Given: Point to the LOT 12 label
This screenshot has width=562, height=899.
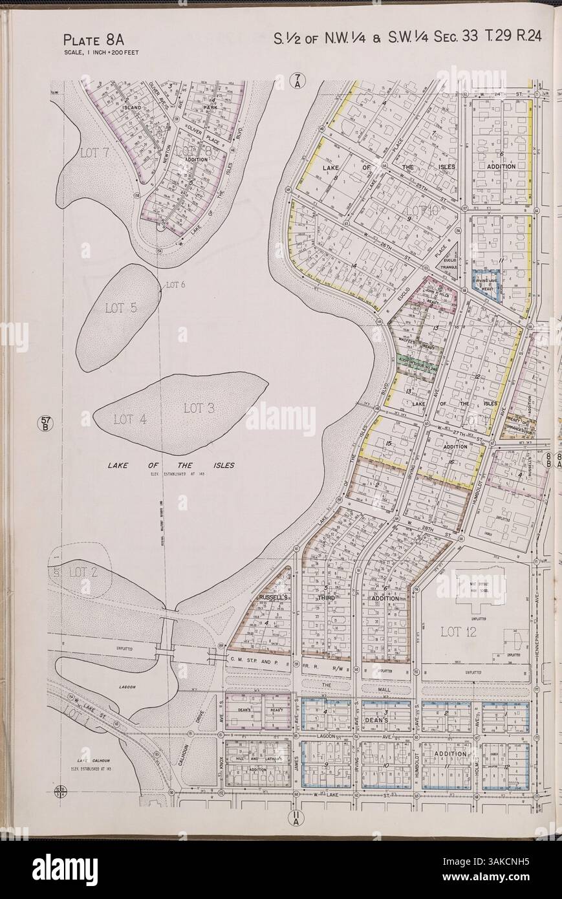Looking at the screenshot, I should point(458,632).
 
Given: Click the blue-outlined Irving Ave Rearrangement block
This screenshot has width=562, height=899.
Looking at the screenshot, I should point(486,285).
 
